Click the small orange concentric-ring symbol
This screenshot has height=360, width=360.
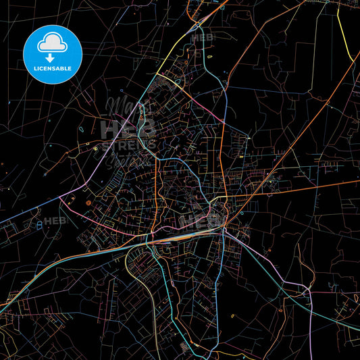88,201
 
